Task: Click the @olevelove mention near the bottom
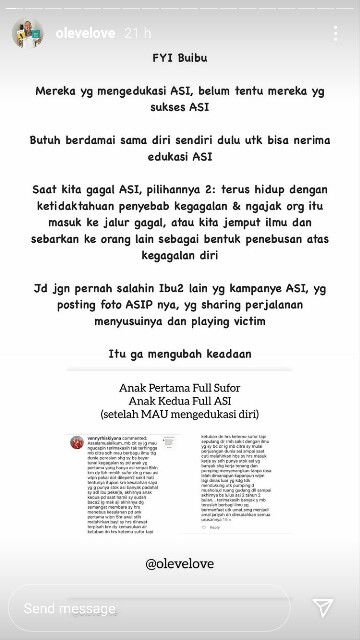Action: (x=180, y=563)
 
